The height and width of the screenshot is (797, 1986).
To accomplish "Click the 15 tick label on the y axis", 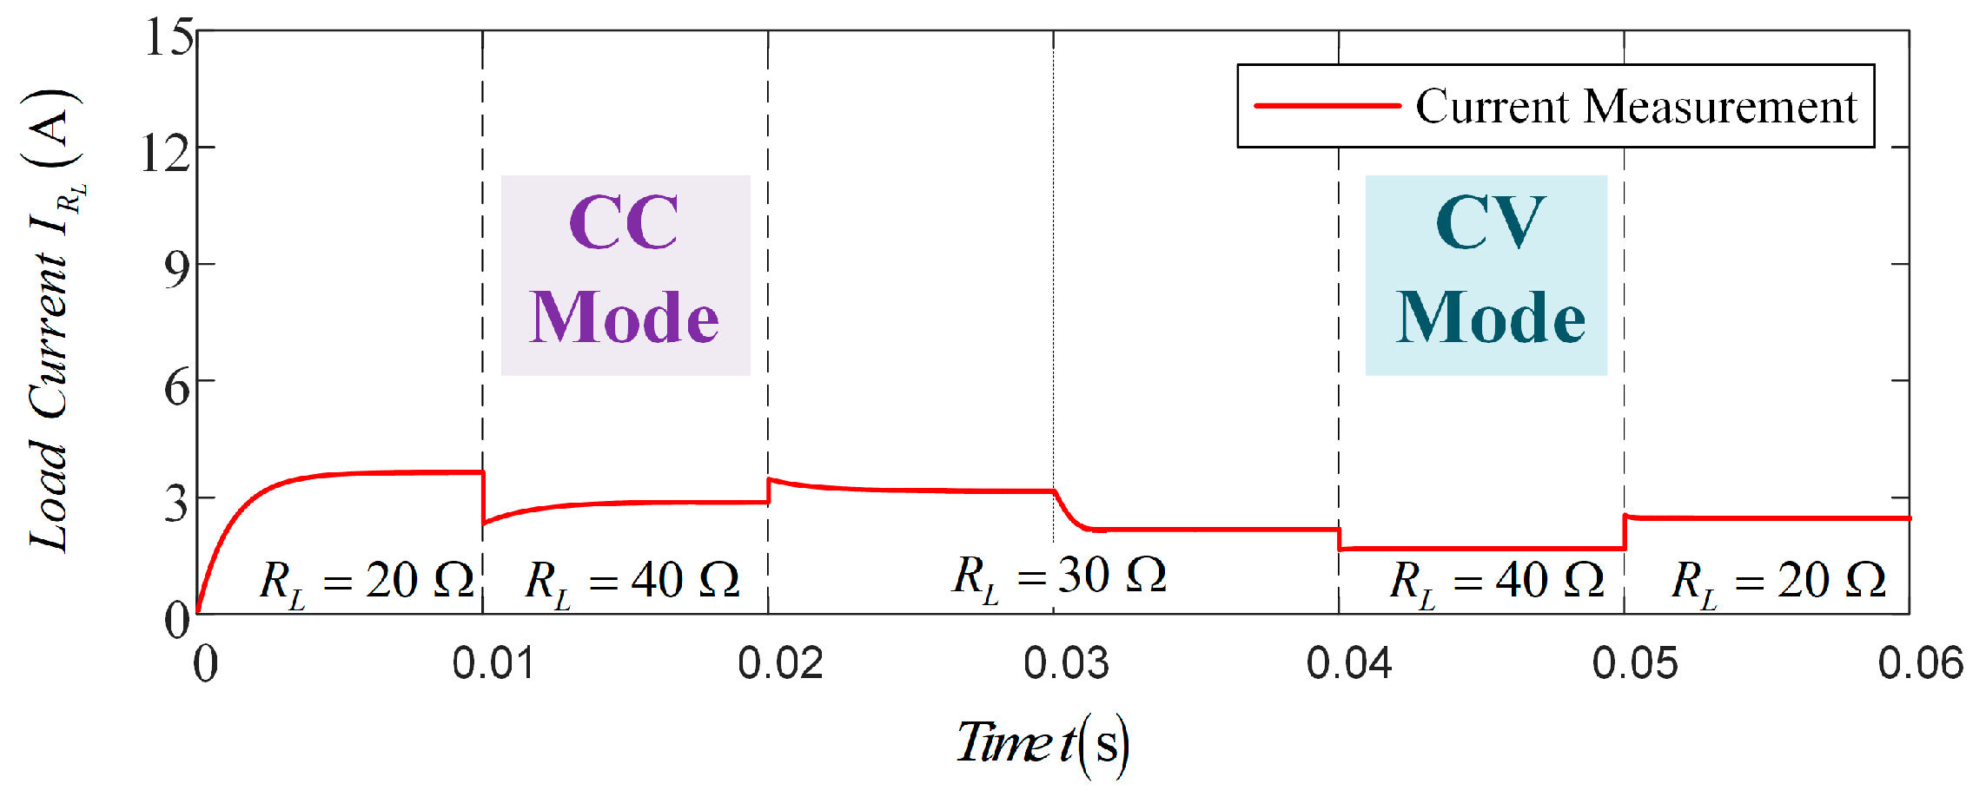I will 169,38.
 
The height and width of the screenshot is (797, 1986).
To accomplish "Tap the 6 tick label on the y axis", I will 177,386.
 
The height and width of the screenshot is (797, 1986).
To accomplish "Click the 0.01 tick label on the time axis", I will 493,664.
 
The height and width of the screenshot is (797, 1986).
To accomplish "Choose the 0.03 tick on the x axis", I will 1066,664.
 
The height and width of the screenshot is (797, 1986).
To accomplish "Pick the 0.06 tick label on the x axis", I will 1920,664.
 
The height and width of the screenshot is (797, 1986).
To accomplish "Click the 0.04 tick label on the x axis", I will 1349,664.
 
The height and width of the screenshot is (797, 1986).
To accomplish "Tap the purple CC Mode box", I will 626,275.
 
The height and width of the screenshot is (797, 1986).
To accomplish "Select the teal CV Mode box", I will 1486,275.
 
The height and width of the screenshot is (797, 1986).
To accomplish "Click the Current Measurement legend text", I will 1636,107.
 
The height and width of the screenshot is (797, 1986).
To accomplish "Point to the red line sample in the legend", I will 1327,106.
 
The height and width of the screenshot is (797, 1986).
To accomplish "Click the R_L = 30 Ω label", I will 1059,577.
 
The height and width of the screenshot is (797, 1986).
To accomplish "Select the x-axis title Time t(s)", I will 1043,743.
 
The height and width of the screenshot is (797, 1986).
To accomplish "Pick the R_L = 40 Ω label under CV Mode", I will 1497,582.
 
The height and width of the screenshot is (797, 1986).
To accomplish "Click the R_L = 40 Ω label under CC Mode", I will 632,582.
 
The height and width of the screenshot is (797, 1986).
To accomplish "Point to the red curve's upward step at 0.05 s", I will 1625,531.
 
